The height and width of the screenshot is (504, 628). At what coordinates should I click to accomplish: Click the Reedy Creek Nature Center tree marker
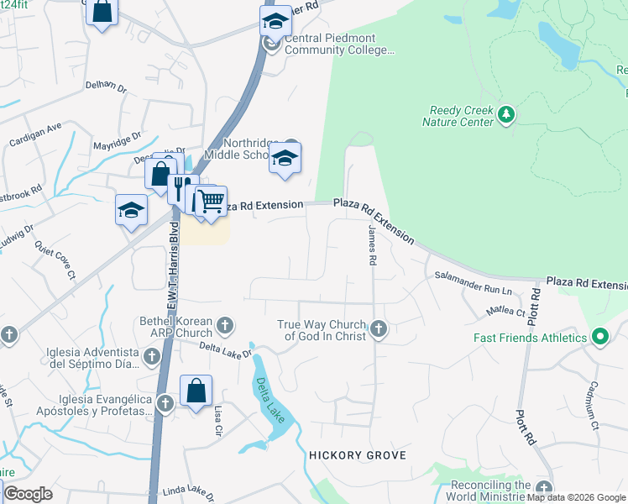coord(505,114)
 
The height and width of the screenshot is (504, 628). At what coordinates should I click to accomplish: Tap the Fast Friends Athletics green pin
coord(599,338)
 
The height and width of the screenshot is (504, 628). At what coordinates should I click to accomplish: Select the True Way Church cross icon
coord(379,328)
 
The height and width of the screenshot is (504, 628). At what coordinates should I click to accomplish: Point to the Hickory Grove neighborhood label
coord(358,455)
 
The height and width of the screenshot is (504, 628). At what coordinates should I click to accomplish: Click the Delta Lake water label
coord(267,398)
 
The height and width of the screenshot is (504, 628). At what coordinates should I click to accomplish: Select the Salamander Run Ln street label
coord(473,282)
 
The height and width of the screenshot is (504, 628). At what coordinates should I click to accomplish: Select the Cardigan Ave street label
coord(36,134)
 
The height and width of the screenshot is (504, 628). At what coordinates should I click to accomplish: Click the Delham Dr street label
coord(105,85)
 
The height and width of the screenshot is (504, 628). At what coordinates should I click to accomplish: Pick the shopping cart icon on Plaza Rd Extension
coord(212,202)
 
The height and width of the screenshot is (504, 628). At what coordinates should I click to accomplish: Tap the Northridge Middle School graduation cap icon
coord(285,158)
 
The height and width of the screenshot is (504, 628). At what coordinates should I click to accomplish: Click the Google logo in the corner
coord(28,494)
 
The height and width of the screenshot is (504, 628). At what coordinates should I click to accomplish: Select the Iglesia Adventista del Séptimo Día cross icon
coord(151,358)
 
